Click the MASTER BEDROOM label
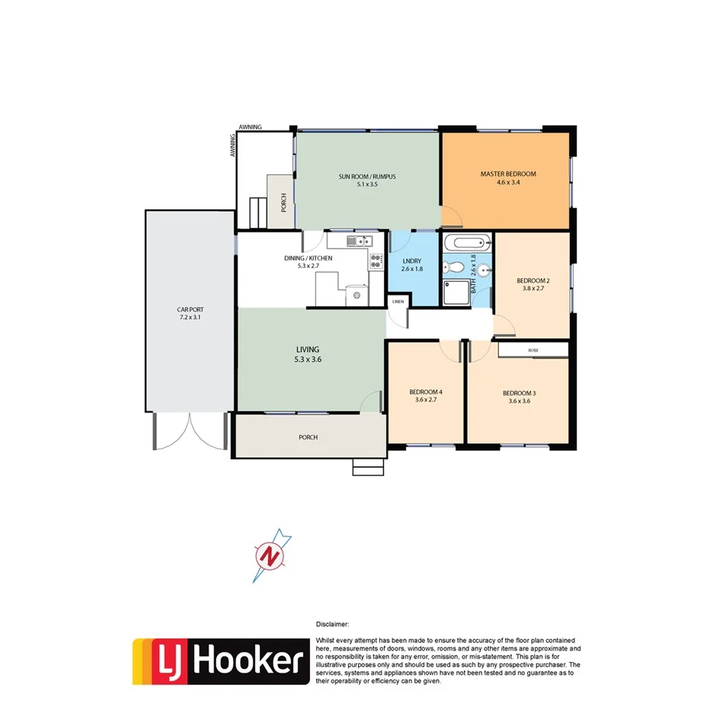pos(507,174)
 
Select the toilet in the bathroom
pos(455,267)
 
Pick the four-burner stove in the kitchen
pos(376,261)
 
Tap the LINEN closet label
pos(398,302)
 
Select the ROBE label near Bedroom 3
pos(533,350)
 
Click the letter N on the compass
pos(268,557)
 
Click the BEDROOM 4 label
pos(426,392)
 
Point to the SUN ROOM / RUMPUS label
pos(367,177)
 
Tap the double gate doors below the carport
pos(190,433)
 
